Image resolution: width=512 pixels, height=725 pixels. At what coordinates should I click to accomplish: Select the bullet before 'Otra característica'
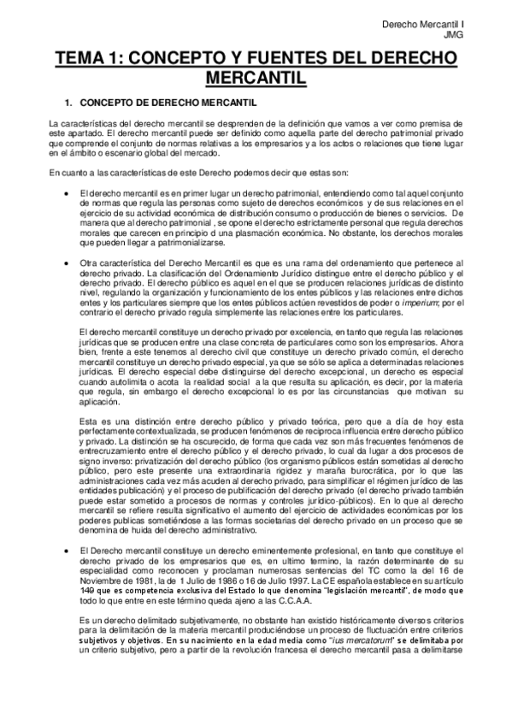tap(66, 262)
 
